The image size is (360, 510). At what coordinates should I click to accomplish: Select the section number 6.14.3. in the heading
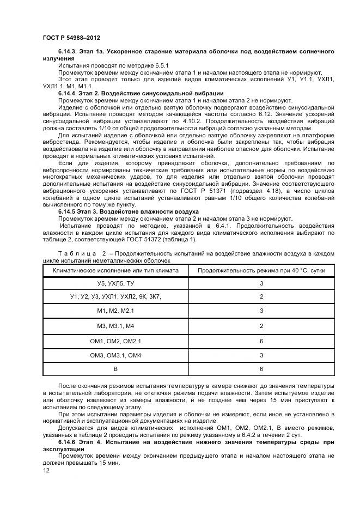(69, 51)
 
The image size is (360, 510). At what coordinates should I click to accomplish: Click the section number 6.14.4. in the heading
(69, 93)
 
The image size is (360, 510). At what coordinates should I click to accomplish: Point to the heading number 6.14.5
(68, 211)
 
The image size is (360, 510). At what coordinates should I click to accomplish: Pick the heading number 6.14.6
(68, 442)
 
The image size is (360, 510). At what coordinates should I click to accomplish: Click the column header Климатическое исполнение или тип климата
(115, 270)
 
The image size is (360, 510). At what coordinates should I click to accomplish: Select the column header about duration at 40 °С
(261, 270)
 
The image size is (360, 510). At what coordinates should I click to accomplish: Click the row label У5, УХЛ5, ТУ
(115, 284)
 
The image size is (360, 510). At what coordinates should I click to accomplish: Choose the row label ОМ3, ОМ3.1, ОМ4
(115, 355)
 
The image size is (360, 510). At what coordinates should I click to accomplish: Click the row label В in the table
(115, 369)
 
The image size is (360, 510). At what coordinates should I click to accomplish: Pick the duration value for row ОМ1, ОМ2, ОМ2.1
(261, 341)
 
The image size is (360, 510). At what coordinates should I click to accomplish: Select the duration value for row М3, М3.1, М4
(261, 326)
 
